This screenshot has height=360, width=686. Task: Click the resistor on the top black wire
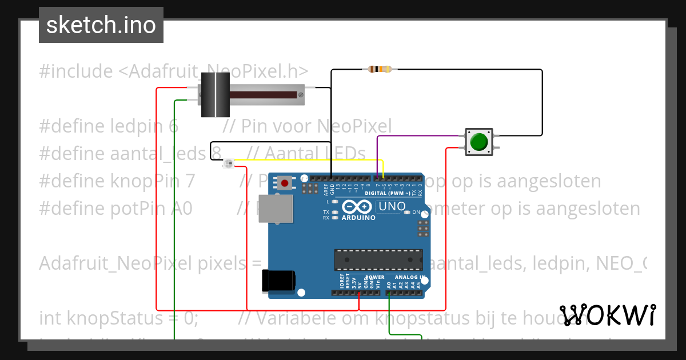(x=380, y=70)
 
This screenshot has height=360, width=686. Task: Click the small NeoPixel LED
(x=228, y=165)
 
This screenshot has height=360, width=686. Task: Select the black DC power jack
(x=278, y=281)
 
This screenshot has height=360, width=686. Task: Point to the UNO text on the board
(x=393, y=206)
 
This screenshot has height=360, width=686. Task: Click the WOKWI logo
(x=607, y=315)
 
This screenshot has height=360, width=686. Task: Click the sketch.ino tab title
(x=101, y=25)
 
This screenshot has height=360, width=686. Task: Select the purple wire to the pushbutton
(x=420, y=136)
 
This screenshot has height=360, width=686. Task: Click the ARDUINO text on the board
(x=358, y=217)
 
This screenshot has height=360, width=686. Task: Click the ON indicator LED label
(x=416, y=213)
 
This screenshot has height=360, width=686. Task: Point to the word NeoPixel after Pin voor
(x=354, y=126)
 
